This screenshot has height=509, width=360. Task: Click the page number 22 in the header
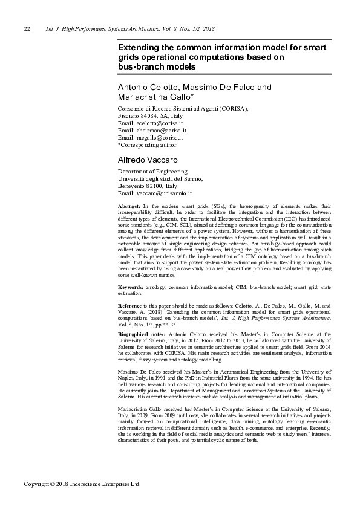tap(27, 29)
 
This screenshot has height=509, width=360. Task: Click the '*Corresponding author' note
tap(147, 144)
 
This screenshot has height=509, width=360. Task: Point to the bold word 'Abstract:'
tap(129, 207)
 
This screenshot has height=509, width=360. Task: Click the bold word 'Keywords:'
tap(131, 285)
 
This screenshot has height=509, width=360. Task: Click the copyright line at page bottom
tap(82, 484)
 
